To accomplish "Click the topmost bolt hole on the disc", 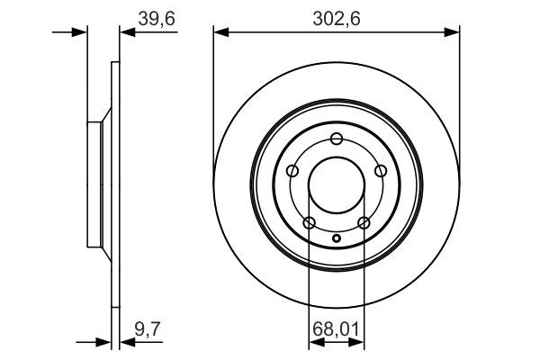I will point(337,139).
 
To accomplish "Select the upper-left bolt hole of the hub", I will point(292,171).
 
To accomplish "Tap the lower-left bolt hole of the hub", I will point(310,222).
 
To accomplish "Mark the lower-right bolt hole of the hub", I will point(364,222).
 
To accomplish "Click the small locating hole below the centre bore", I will point(337,238).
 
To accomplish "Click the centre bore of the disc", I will point(337,185).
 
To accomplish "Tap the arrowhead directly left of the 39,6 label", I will point(126,33).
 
